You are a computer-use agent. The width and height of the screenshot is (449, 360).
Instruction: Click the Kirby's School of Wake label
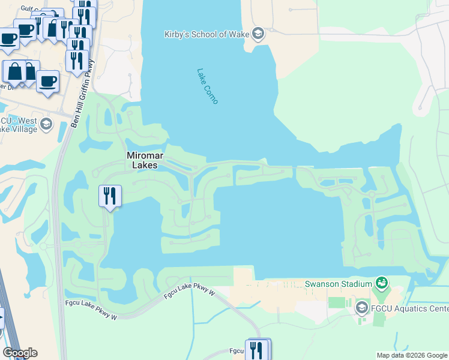207,34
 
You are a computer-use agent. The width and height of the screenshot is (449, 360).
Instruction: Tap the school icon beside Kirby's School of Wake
259,33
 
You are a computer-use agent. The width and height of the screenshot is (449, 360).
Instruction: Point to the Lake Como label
207,85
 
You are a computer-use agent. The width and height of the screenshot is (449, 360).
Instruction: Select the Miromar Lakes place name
142,160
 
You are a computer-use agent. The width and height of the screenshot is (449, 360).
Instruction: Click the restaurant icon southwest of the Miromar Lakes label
110,196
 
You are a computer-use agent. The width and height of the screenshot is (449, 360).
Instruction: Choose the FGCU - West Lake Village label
19,125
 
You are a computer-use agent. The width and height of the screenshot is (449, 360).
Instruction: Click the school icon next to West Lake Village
47,125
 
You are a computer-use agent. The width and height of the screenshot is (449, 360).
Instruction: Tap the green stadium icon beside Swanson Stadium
381,282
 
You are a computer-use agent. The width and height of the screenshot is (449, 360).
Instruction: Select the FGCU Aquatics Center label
410,308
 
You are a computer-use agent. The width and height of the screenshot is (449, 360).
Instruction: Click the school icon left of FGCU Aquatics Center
361,308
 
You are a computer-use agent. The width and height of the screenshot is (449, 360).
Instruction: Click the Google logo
20,353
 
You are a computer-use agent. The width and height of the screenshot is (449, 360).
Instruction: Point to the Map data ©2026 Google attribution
412,355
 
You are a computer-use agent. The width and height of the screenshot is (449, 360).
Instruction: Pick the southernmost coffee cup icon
47,81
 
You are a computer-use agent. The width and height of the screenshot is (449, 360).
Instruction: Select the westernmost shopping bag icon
14,72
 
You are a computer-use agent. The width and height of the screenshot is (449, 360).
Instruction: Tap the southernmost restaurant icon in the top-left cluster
76,60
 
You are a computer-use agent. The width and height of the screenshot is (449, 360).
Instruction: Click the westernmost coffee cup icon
8,39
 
